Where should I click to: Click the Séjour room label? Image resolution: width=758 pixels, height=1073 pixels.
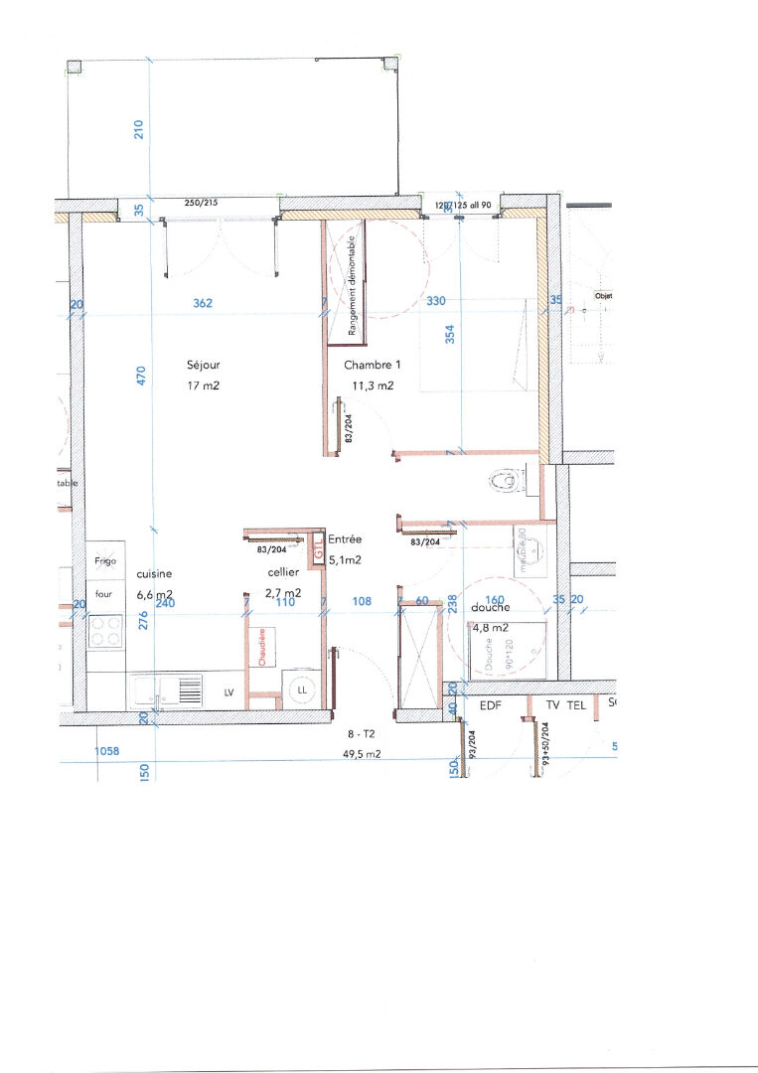coord(203,365)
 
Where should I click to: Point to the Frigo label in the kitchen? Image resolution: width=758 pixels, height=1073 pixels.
coord(105,561)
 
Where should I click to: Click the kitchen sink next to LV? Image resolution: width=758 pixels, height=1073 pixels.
coord(165,690)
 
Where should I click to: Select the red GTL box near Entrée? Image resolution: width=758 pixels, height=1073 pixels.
coord(318,546)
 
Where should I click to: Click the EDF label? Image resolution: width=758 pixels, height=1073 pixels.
coord(492,705)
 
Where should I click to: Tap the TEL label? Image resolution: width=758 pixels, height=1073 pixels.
coord(576,705)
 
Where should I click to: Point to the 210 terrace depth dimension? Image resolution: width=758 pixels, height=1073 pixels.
coord(139,128)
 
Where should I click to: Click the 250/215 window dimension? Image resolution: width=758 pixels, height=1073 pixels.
coord(201,204)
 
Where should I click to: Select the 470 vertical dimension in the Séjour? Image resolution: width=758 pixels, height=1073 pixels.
coord(141,377)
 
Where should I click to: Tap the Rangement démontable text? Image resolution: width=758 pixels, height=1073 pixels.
coord(352,284)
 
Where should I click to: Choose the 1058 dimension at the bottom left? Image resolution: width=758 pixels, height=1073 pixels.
coord(106,752)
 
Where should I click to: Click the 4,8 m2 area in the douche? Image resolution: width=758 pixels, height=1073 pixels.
coord(491,628)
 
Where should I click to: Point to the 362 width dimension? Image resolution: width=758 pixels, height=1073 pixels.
coord(203,304)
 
